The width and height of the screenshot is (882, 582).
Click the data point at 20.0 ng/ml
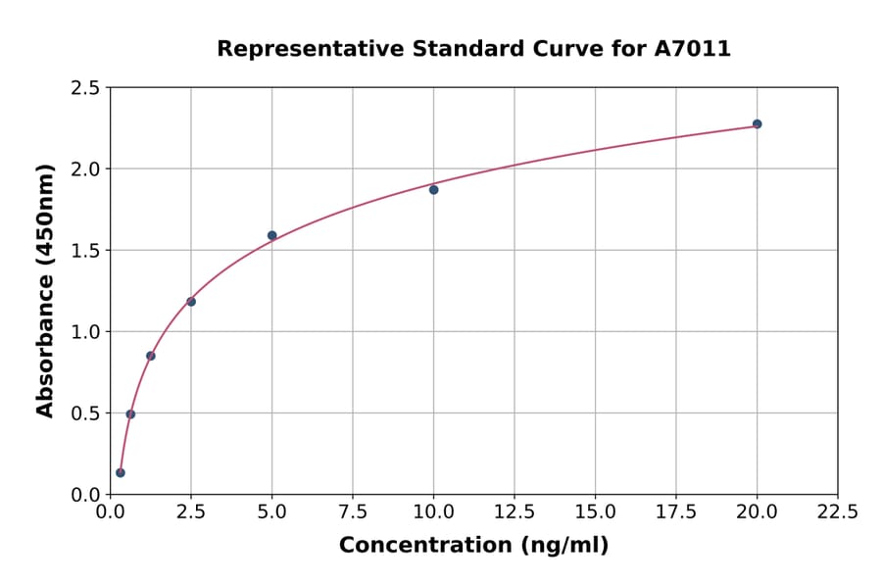point(757,124)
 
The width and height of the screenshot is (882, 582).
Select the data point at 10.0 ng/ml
point(433,189)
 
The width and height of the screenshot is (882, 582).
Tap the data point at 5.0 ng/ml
point(272,235)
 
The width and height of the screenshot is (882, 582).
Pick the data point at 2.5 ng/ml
point(191,302)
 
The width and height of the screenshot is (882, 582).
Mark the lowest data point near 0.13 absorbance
point(121,472)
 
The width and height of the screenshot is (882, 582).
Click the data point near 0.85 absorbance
point(151,356)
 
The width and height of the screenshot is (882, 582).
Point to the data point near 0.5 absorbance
point(130,413)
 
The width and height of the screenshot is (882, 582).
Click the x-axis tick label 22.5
point(837,512)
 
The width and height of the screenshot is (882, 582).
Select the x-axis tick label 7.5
point(353,512)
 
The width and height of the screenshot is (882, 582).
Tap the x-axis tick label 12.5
point(514,512)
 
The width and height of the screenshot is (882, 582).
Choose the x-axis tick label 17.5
point(675,512)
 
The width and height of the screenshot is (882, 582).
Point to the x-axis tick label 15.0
point(595,512)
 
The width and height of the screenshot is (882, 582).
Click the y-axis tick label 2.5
point(85,88)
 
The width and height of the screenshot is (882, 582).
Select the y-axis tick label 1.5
point(85,251)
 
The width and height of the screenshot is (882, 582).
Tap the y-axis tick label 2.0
point(85,170)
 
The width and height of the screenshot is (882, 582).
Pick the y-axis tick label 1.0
point(85,332)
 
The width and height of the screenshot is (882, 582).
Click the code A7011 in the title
point(692,49)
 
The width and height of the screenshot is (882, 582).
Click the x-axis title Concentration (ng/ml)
point(473,546)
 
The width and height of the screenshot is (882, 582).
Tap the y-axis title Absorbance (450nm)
point(45,291)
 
